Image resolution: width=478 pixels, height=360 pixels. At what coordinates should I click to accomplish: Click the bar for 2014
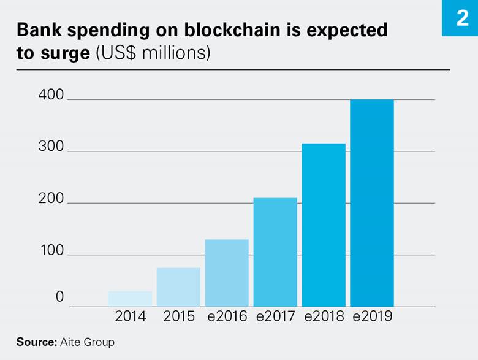[x=130, y=299]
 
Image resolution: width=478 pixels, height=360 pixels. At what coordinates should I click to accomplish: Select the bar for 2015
[x=178, y=287]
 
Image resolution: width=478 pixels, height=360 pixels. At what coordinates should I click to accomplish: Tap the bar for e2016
[x=227, y=273]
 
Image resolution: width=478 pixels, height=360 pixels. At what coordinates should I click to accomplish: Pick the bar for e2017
[x=275, y=252]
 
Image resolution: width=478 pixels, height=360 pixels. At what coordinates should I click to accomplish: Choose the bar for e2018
[x=324, y=225]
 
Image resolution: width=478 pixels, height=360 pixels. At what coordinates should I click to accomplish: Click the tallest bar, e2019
[x=372, y=203]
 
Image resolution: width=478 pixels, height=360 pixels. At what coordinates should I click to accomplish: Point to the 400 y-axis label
[x=51, y=95]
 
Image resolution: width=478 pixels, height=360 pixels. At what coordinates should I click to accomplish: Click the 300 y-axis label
[x=51, y=147]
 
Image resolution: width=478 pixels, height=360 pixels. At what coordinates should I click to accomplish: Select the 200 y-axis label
[x=51, y=199]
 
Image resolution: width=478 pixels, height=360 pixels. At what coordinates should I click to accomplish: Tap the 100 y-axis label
[x=51, y=251]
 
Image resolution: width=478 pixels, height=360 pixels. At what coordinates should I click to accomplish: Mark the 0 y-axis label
[x=59, y=297]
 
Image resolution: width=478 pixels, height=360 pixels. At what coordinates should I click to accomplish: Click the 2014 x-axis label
[x=131, y=316]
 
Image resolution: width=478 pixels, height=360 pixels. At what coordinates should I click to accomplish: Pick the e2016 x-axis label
[x=227, y=316]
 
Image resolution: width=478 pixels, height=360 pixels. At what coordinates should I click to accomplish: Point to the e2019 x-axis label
[x=372, y=316]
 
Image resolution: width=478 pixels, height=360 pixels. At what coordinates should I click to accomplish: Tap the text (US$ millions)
[x=153, y=53]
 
